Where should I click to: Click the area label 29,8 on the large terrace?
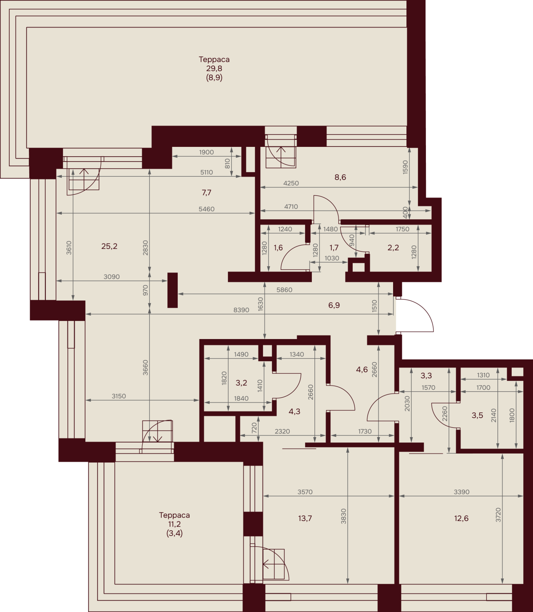[x=214, y=68]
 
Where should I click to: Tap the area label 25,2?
[x=109, y=246]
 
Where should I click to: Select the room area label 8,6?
[x=340, y=178]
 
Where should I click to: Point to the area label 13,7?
[x=305, y=518]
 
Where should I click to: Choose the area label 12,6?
[x=461, y=518]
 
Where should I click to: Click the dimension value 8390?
[x=241, y=310]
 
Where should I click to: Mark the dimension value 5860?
[x=284, y=290]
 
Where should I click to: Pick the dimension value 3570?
[x=305, y=492]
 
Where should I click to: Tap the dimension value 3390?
[x=461, y=492]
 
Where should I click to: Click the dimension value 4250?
[x=291, y=183]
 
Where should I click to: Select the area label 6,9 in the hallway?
[x=334, y=305]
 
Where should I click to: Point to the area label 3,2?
[x=241, y=383]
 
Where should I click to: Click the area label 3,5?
[x=477, y=415]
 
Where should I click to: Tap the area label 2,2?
[x=393, y=248]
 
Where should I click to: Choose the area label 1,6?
[x=278, y=248]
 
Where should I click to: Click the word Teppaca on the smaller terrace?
[x=174, y=515]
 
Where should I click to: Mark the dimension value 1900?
[x=207, y=152]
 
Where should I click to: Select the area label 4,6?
[x=362, y=370]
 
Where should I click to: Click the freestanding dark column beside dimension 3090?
[x=172, y=290]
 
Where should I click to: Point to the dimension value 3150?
[x=119, y=396]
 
